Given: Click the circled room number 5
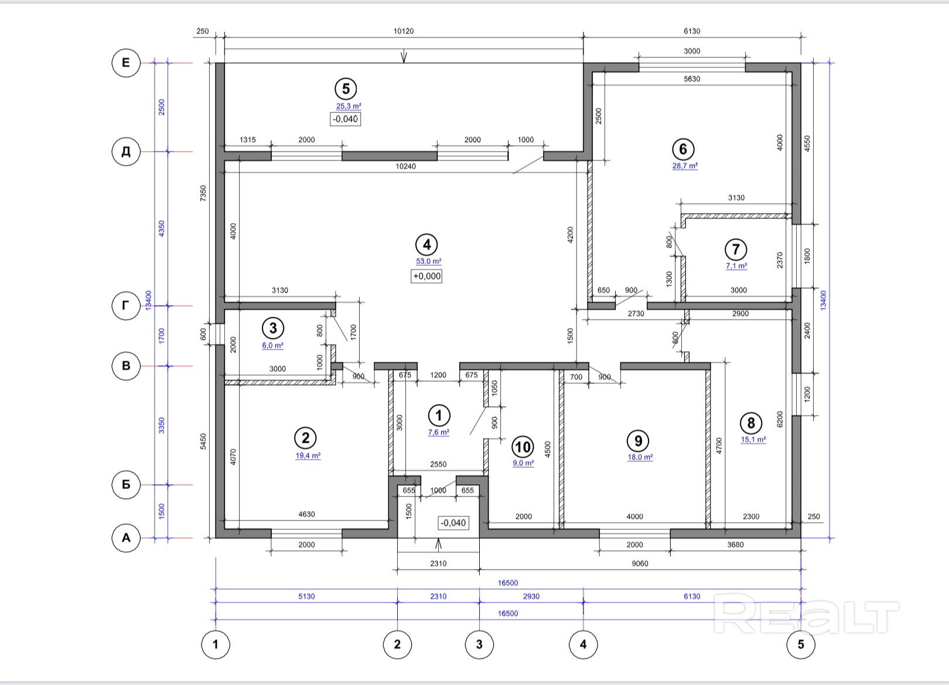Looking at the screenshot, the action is click(346, 89).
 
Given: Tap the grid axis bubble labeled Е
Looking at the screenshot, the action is click(126, 63).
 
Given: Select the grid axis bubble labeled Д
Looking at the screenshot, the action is click(126, 151).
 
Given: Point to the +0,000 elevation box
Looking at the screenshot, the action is click(426, 276).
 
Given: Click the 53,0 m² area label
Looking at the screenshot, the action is click(428, 261).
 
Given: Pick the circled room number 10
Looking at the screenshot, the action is click(523, 447).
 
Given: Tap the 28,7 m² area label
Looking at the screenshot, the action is click(685, 166).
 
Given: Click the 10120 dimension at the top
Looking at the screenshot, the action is click(403, 31).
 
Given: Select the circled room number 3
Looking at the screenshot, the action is click(273, 328).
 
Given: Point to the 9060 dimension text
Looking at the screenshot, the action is click(640, 563).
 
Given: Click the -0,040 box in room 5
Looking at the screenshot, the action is click(345, 119).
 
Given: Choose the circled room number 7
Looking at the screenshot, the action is click(736, 249).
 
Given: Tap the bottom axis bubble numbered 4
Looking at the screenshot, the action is click(583, 645).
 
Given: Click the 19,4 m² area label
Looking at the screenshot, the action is click(308, 455).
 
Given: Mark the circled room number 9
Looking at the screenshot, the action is click(638, 441).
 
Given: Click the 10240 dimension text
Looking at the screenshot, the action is click(405, 166).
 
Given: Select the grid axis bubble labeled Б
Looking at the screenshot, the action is click(126, 484).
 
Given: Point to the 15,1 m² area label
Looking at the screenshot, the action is click(753, 440).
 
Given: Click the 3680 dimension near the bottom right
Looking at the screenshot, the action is click(736, 544).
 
